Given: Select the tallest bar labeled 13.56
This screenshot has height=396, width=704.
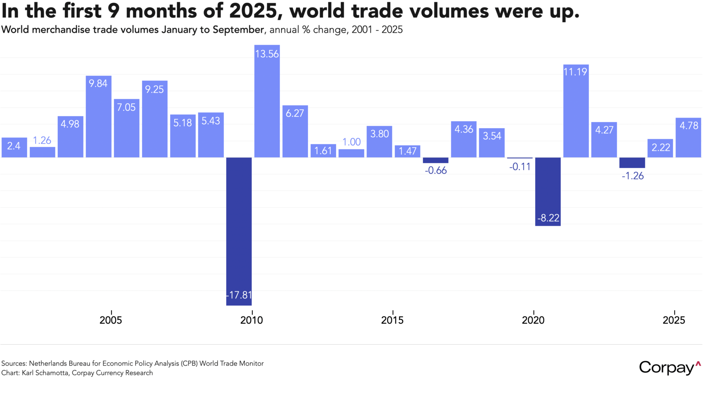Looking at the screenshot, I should [267, 101].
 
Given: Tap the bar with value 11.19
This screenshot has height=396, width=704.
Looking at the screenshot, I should [576, 111].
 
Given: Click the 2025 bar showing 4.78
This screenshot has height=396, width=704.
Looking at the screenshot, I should [688, 137].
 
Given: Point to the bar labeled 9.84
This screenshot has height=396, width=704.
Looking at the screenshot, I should [98, 116].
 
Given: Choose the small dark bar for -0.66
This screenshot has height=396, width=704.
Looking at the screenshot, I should [435, 160].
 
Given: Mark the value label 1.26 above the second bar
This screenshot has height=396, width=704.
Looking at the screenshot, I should [42, 141].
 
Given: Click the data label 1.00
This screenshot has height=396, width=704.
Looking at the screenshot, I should [351, 142].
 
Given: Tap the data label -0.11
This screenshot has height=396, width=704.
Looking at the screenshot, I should [520, 167].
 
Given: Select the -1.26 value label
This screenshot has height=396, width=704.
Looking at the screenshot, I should [632, 176].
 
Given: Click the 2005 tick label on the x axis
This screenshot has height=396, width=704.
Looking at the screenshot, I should [111, 320].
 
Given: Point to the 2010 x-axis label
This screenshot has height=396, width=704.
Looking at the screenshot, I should [252, 320].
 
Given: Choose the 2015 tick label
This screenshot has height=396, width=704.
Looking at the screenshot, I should [392, 320].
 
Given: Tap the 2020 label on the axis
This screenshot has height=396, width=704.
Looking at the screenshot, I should [533, 320].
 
